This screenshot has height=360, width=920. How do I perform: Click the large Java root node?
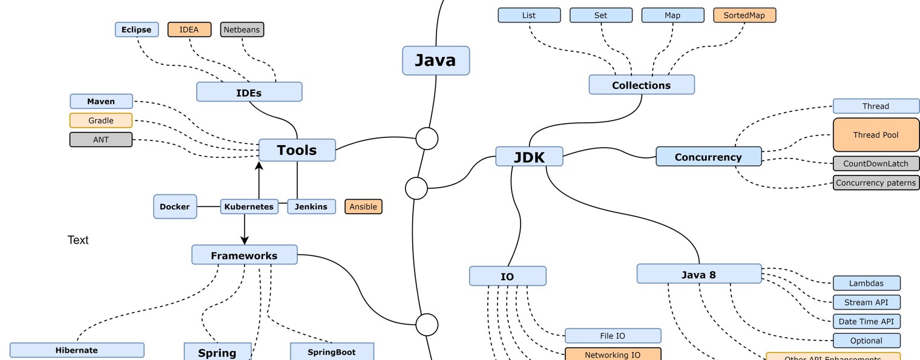coord(436,61)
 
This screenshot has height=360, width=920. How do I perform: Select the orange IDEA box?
coord(189,30)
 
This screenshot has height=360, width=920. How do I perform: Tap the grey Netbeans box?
coord(242,30)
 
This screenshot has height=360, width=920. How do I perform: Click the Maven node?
coord(101,101)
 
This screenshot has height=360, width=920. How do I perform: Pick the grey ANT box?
coord(101,140)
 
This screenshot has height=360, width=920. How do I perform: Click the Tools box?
coord(297,150)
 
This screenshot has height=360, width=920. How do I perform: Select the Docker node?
coord(175,206)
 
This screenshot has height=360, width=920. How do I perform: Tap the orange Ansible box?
coord(363,206)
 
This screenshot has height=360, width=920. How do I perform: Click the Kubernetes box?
coord(249,206)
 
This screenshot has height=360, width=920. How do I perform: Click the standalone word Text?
coord(78,240)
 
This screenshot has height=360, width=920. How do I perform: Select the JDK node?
coord(529,157)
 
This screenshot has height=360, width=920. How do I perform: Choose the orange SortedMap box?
coord(744,15)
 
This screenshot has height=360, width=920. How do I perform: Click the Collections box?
coord(642,85)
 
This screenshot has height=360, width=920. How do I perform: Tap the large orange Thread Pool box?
coord(876,134)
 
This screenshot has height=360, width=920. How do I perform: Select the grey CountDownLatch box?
coord(876,163)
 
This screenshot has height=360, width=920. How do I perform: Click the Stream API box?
coord(866,302)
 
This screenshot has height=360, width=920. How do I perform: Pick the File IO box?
coord(613,336)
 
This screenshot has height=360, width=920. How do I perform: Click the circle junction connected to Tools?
coord(427,139)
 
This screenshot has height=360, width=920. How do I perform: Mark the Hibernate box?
coord(77,350)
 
